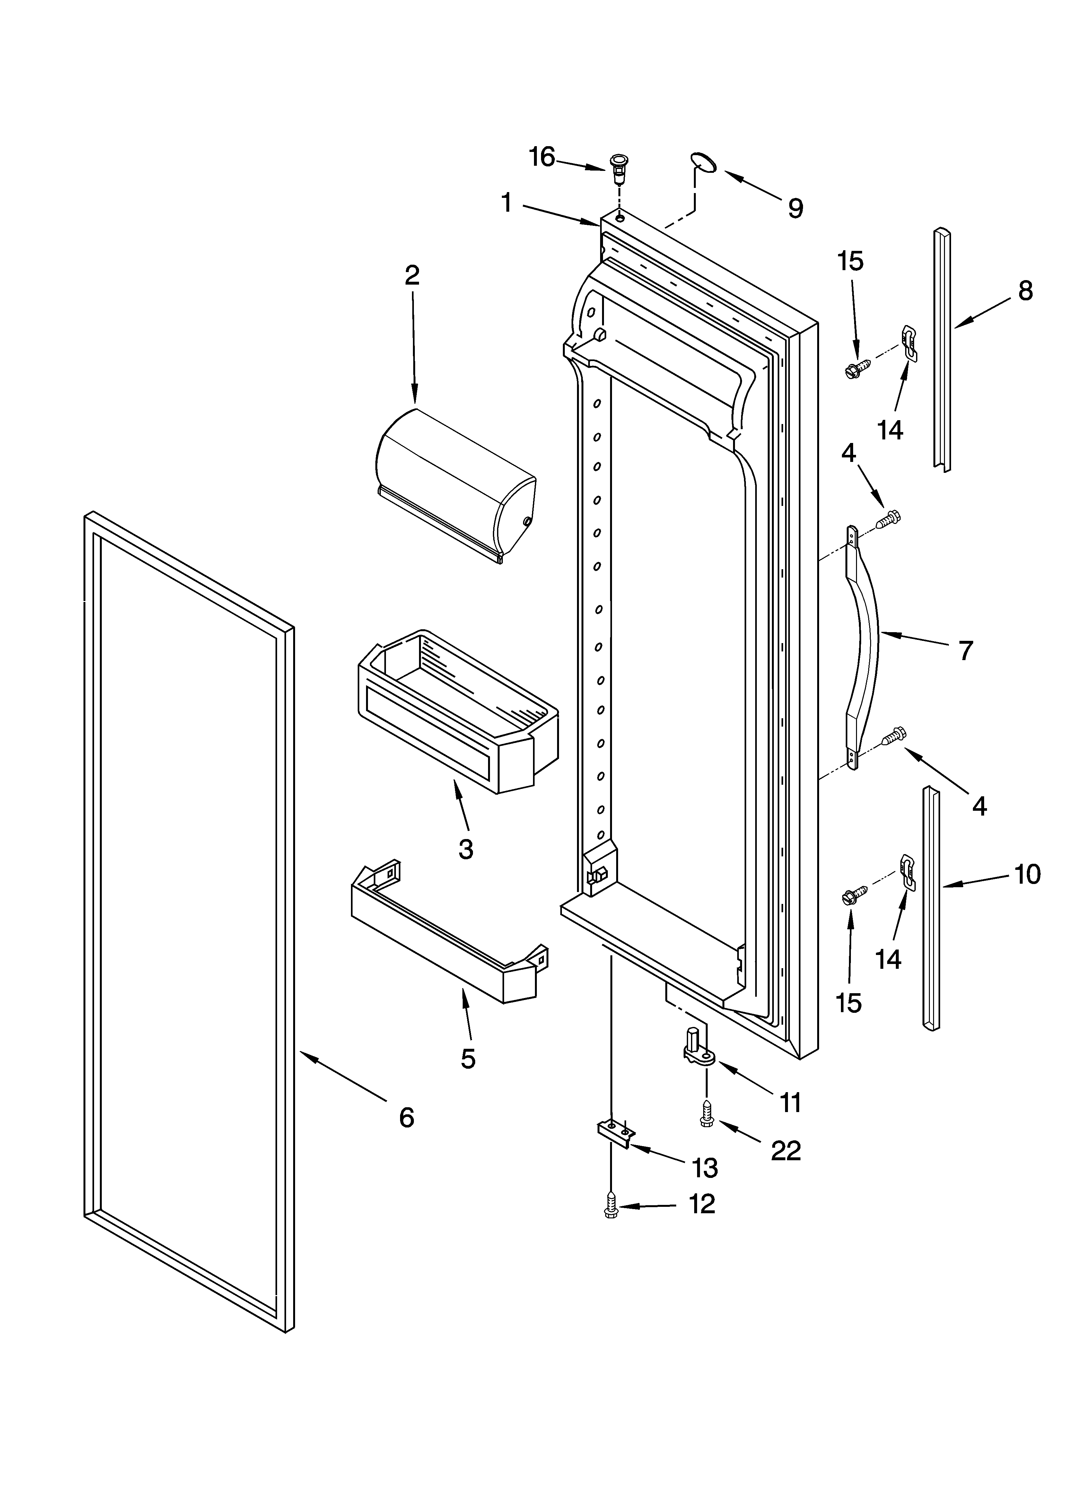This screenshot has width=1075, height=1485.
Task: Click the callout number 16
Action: (x=542, y=157)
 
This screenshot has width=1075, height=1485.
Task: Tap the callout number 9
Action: (x=795, y=208)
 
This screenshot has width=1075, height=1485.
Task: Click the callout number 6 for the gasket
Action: (x=406, y=1117)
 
